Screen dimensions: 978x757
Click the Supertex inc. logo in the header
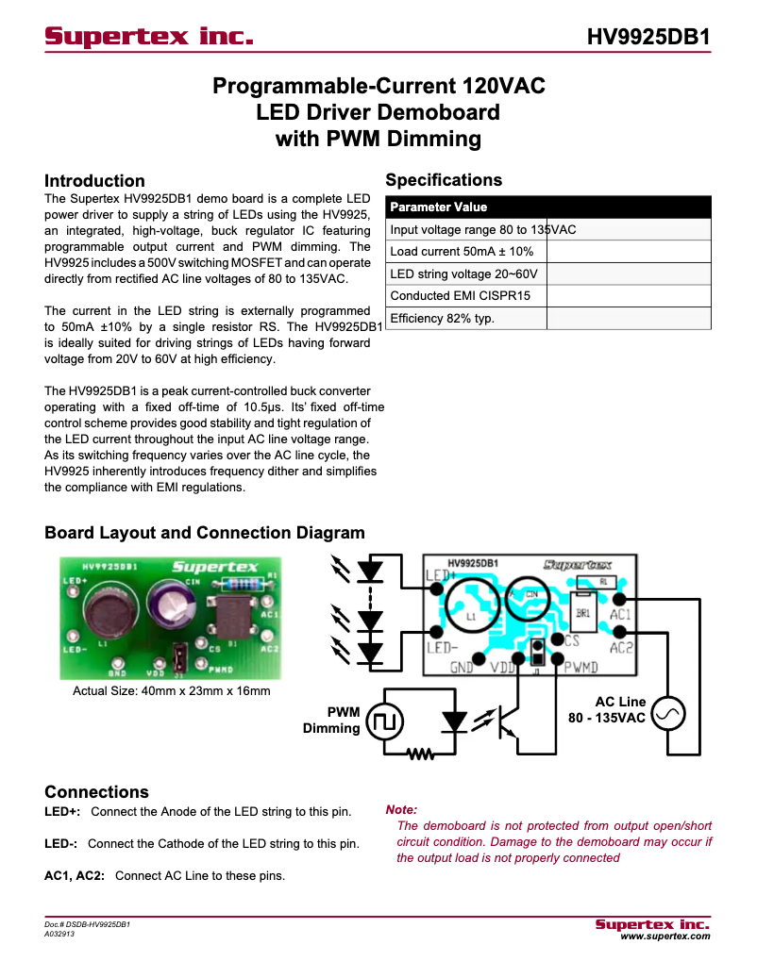(149, 37)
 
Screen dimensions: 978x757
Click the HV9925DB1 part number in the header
(648, 37)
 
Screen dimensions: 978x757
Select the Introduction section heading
(94, 181)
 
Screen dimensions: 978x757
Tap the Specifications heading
(444, 180)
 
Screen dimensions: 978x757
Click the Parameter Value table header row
(547, 207)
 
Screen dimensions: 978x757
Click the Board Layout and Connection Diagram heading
(204, 533)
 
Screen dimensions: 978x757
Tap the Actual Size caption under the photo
(172, 691)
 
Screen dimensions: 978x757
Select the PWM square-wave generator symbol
(385, 722)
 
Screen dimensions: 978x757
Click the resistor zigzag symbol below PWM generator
(418, 754)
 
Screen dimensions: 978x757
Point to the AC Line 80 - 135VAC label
(606, 710)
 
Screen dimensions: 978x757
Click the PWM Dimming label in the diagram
(331, 721)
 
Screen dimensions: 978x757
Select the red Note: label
(401, 810)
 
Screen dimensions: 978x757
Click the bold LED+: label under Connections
(62, 812)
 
